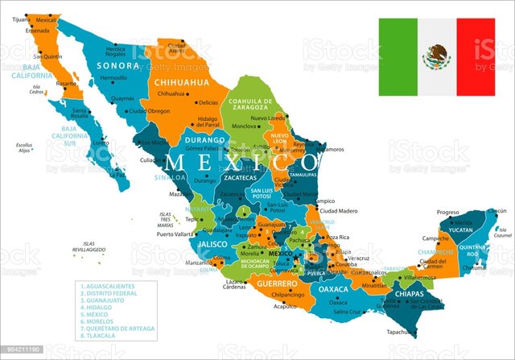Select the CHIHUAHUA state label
point(181,81)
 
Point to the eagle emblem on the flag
point(437,56)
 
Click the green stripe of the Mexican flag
point(399,56)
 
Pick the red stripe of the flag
point(476,56)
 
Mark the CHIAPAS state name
point(409,294)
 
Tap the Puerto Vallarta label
point(177,234)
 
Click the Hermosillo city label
point(112,78)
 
